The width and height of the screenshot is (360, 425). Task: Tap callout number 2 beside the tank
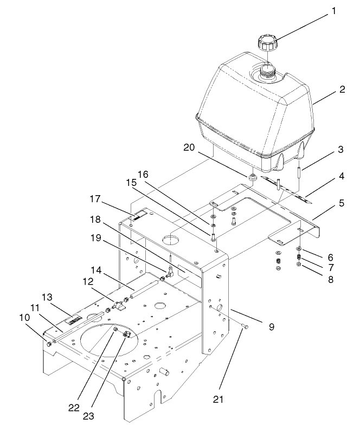click(x=342, y=89)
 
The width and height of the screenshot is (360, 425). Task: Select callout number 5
click(x=342, y=204)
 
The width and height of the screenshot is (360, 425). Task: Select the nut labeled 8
click(x=298, y=265)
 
